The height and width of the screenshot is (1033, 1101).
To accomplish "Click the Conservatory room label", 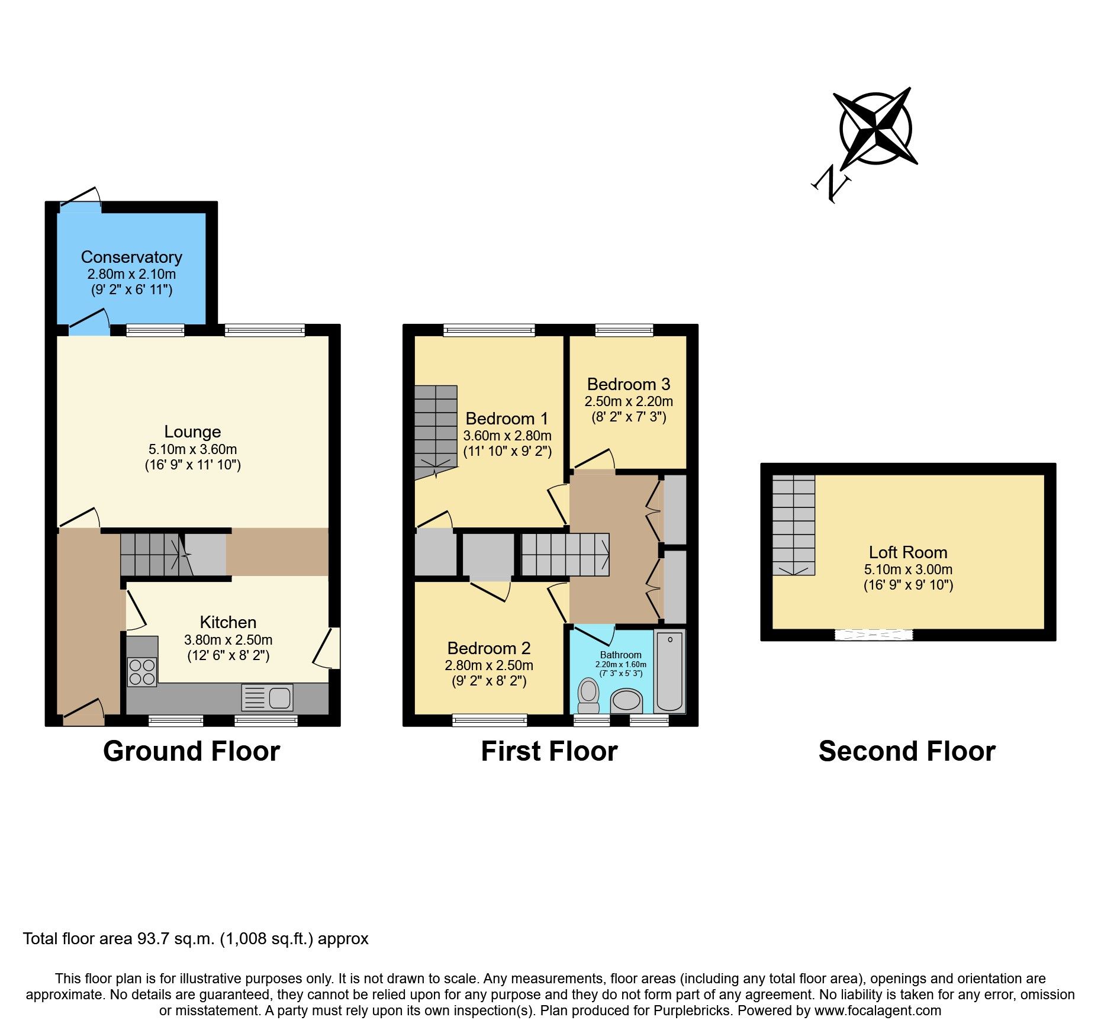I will tap(131, 257).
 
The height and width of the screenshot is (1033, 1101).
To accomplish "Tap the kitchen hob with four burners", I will tap(142, 672).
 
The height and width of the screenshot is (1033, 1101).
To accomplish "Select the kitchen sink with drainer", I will tap(268, 698).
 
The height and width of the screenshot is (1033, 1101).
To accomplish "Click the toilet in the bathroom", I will tap(588, 695).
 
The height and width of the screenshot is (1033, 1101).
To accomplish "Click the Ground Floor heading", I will tap(191, 751).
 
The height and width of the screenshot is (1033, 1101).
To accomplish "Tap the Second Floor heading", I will tap(907, 751).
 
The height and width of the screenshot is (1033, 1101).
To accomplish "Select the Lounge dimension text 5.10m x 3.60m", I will tap(192, 449).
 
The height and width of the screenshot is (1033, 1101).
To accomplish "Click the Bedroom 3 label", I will tap(629, 384).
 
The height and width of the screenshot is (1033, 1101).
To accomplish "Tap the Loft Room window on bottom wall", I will tap(874, 635).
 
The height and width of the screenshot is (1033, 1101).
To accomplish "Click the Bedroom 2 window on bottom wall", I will tap(489, 720).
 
